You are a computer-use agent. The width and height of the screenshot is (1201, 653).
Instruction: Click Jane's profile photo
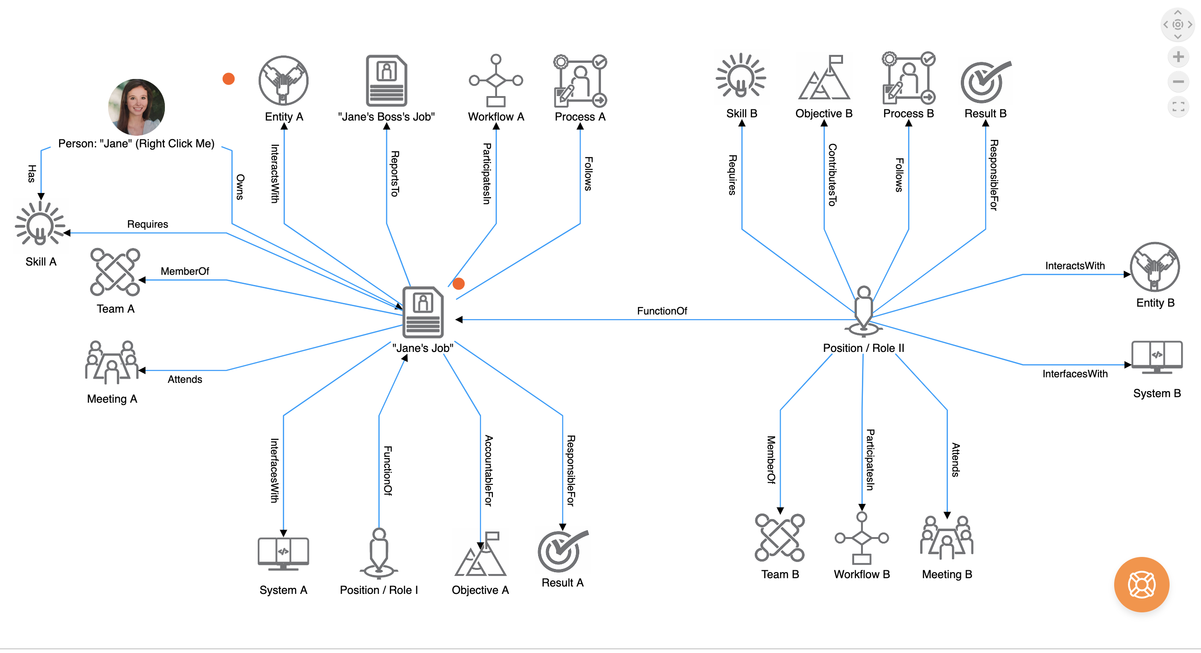pos(136,107)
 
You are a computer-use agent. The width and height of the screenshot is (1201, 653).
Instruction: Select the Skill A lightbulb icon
pos(41,224)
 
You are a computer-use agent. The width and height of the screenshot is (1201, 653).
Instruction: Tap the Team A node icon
pos(115,272)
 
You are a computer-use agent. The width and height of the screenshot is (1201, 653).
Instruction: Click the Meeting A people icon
pos(111,362)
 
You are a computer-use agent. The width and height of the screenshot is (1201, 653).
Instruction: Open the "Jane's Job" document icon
pos(423,312)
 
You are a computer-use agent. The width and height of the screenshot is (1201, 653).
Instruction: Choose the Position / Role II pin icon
pos(863,311)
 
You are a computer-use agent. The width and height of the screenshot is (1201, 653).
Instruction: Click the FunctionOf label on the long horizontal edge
pos(661,311)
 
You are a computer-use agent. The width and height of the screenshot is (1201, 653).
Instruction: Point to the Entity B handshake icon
pos(1154,267)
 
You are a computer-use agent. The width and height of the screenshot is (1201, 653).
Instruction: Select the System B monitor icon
pos(1157,357)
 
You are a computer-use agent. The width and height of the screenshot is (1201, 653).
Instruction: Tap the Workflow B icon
pos(861,538)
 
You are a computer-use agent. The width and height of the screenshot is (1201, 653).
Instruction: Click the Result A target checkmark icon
pos(562,551)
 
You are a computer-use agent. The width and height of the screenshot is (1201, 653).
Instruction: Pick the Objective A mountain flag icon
pos(480,554)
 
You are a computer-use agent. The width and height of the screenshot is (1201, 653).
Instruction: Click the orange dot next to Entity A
pos(229,79)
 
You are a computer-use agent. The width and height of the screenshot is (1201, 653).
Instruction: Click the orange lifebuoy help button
pos(1141,585)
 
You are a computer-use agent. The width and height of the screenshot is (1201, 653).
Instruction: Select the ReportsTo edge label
pos(394,173)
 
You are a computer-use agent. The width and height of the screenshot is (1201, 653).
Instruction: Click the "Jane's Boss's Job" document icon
pos(386,81)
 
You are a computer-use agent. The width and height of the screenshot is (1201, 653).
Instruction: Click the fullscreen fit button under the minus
pos(1178,107)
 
